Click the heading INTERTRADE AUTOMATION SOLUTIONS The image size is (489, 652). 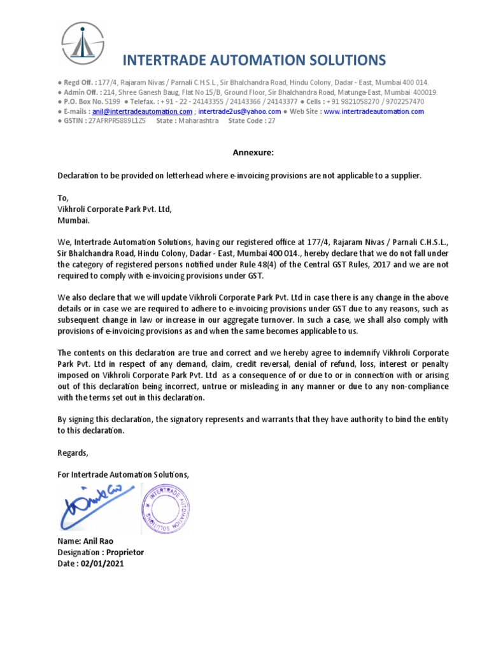tap(253, 60)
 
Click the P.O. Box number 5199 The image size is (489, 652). tap(112, 102)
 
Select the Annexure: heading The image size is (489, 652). tap(254, 153)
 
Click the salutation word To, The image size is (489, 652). tap(62, 198)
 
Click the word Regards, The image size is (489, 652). tap(73, 453)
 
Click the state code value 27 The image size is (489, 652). tap(272, 121)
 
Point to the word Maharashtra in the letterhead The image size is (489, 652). tap(199, 121)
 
